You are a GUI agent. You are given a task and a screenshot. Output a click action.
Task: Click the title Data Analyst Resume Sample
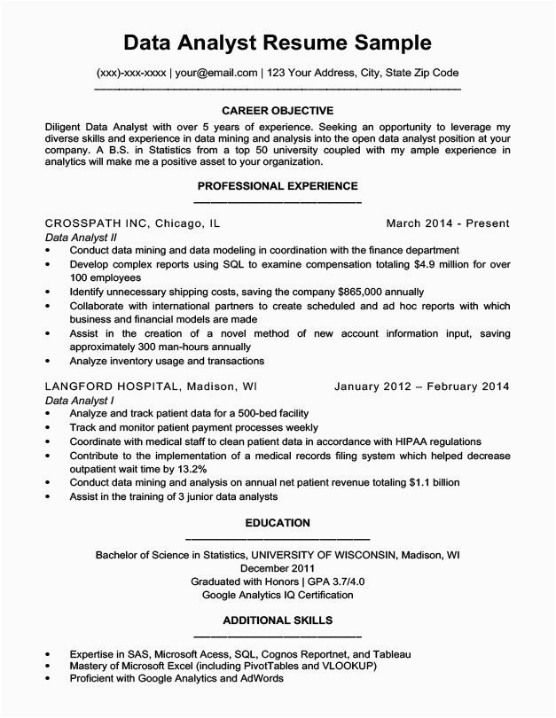[278, 42]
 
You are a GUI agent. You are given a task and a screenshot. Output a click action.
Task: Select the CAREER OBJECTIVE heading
[278, 111]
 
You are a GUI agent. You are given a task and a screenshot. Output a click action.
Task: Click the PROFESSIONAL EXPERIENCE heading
[278, 186]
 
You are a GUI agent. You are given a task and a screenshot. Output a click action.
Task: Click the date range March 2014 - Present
[448, 224]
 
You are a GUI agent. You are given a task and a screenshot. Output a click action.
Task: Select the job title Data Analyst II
[81, 238]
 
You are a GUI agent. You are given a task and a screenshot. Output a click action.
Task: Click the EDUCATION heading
[278, 523]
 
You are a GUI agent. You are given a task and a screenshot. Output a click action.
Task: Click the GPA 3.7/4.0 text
[325, 581]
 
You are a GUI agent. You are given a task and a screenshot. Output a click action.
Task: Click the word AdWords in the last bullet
[260, 678]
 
